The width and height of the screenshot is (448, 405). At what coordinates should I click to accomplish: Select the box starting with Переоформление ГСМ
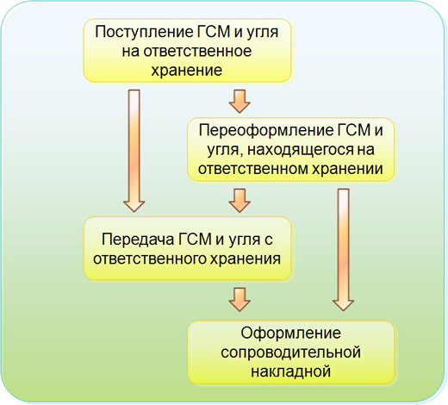(289, 150)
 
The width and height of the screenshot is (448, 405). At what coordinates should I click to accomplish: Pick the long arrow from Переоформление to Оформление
(344, 250)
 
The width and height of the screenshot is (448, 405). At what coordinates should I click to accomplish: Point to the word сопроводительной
(289, 352)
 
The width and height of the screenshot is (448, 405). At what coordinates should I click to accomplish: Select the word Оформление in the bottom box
(289, 334)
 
